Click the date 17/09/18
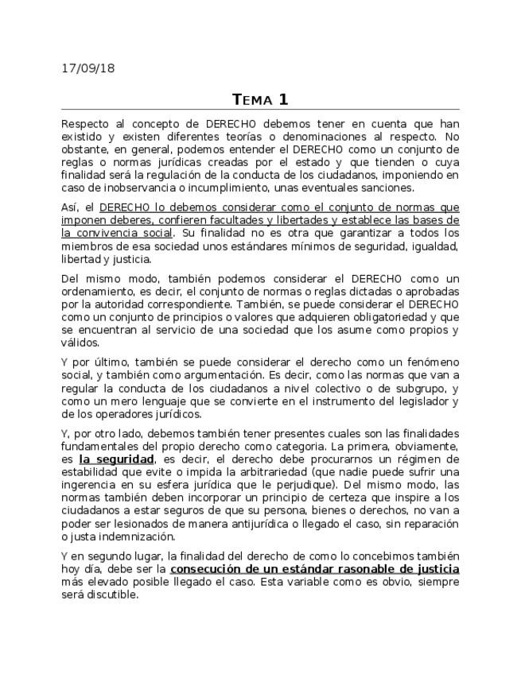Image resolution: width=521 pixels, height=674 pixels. [87, 68]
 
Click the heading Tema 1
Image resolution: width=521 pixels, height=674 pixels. [260, 99]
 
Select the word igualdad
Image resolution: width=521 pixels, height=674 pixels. [434, 246]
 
